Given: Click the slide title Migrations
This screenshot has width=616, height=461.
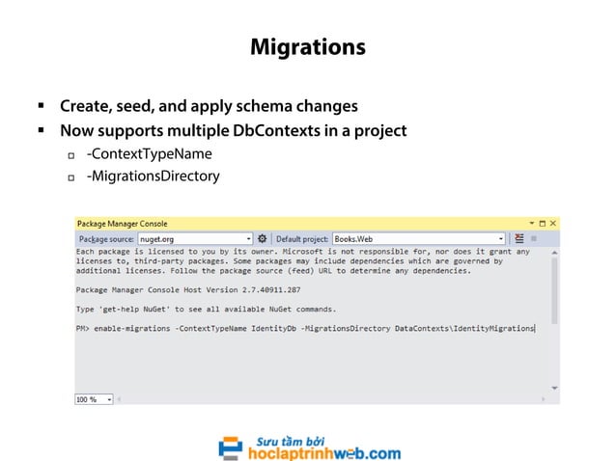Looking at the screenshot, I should point(307,46).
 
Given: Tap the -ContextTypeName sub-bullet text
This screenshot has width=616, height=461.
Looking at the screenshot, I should point(149,153).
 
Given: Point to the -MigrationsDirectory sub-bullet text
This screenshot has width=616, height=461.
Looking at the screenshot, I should point(153,176).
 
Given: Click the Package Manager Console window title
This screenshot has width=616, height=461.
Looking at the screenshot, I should point(123,224).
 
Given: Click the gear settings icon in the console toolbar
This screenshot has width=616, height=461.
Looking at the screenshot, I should point(263,238).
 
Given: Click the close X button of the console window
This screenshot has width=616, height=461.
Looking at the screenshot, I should point(552,224).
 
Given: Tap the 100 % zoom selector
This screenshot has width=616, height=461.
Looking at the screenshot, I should point(94,398).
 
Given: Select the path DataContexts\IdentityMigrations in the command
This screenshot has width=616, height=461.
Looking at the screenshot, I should point(464,329).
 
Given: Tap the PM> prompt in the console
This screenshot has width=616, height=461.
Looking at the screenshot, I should point(84,329).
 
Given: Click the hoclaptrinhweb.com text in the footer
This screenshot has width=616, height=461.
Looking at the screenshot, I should point(323,452).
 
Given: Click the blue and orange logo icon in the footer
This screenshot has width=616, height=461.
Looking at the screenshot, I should point(230,448).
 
